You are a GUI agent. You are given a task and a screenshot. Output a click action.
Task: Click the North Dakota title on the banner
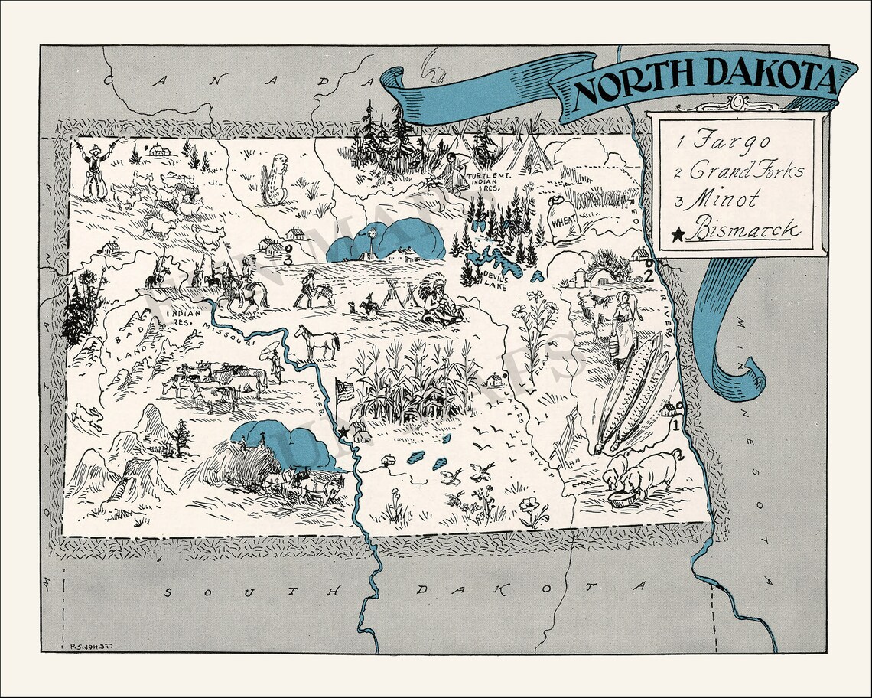point(704,80)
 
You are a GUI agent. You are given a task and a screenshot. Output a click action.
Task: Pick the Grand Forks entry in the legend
point(739,170)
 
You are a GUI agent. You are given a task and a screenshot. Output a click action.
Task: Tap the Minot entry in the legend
point(722,199)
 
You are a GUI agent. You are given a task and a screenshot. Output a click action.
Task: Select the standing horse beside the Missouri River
point(318,341)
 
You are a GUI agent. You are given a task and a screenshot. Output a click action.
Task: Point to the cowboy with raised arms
point(97,168)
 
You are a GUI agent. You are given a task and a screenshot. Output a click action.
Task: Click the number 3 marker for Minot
point(288,260)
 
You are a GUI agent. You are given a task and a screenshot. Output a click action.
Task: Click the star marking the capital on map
point(343,433)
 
